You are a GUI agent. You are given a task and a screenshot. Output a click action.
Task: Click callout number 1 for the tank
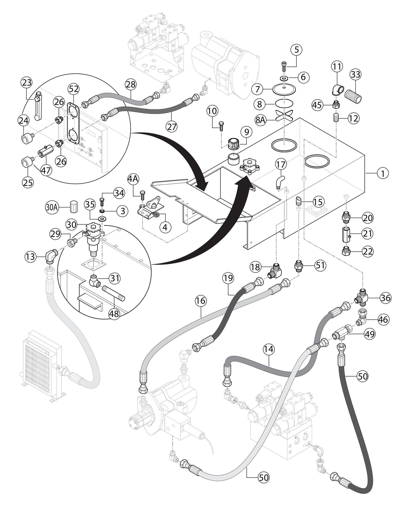383,173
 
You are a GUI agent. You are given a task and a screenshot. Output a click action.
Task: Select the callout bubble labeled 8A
260,120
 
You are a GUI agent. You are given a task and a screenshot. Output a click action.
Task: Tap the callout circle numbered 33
356,74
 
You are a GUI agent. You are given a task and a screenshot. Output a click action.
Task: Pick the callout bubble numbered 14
269,349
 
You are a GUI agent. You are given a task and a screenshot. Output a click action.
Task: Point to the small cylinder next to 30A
74,206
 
